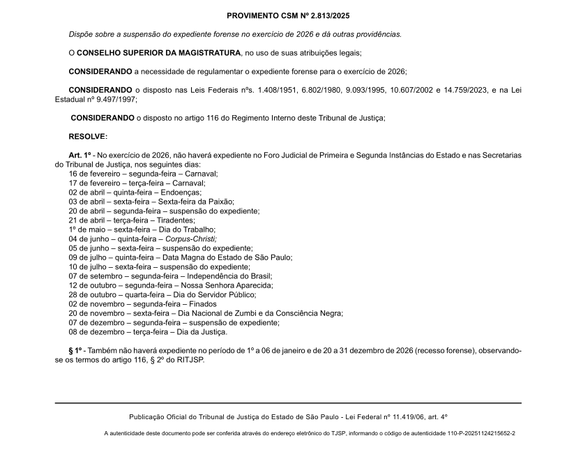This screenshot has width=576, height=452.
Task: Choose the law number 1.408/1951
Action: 278,90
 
